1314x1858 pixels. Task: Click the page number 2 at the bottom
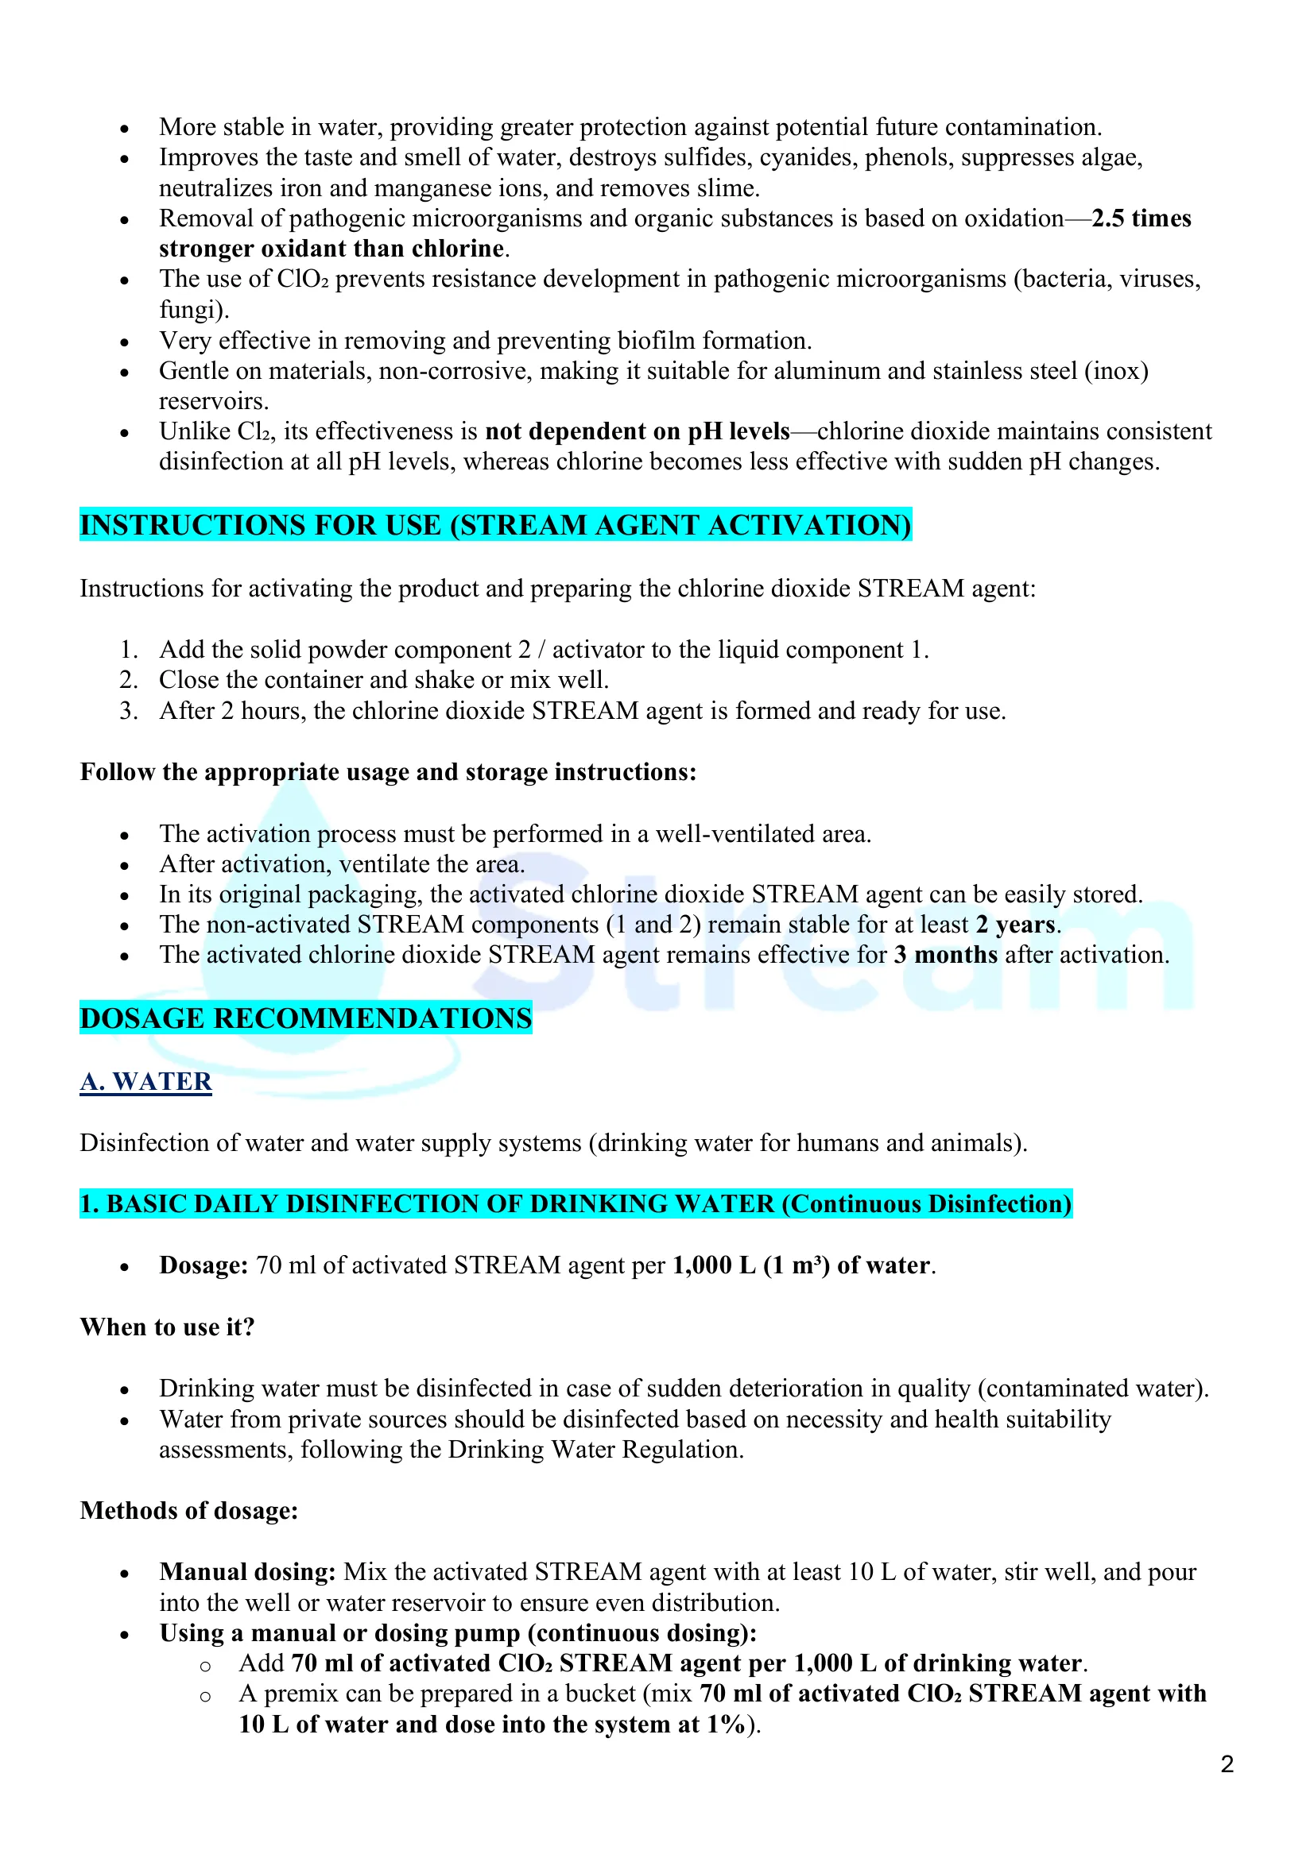[x=1227, y=1763]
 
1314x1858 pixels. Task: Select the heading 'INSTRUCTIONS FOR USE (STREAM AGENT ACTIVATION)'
[x=495, y=525]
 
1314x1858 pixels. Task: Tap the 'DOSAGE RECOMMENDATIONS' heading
[x=306, y=1018]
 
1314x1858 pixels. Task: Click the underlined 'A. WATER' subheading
[x=145, y=1081]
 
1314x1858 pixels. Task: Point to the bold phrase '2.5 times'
[x=1141, y=218]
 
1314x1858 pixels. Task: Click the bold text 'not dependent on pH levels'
[x=638, y=431]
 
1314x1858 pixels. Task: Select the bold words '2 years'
[x=1015, y=924]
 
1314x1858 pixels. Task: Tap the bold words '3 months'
[x=946, y=955]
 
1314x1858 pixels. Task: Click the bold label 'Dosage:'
[x=203, y=1265]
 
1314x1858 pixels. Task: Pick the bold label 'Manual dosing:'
[x=248, y=1571]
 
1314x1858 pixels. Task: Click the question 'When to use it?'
[x=168, y=1327]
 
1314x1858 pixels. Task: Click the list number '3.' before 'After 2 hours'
[x=129, y=710]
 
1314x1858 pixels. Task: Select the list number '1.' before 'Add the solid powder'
[x=129, y=650]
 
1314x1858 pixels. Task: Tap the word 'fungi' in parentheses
[x=190, y=310]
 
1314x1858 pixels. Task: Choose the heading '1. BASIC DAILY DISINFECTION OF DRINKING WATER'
[x=576, y=1203]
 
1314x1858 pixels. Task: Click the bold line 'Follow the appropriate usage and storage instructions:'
[x=388, y=772]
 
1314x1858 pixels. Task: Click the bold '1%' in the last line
[x=725, y=1724]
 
